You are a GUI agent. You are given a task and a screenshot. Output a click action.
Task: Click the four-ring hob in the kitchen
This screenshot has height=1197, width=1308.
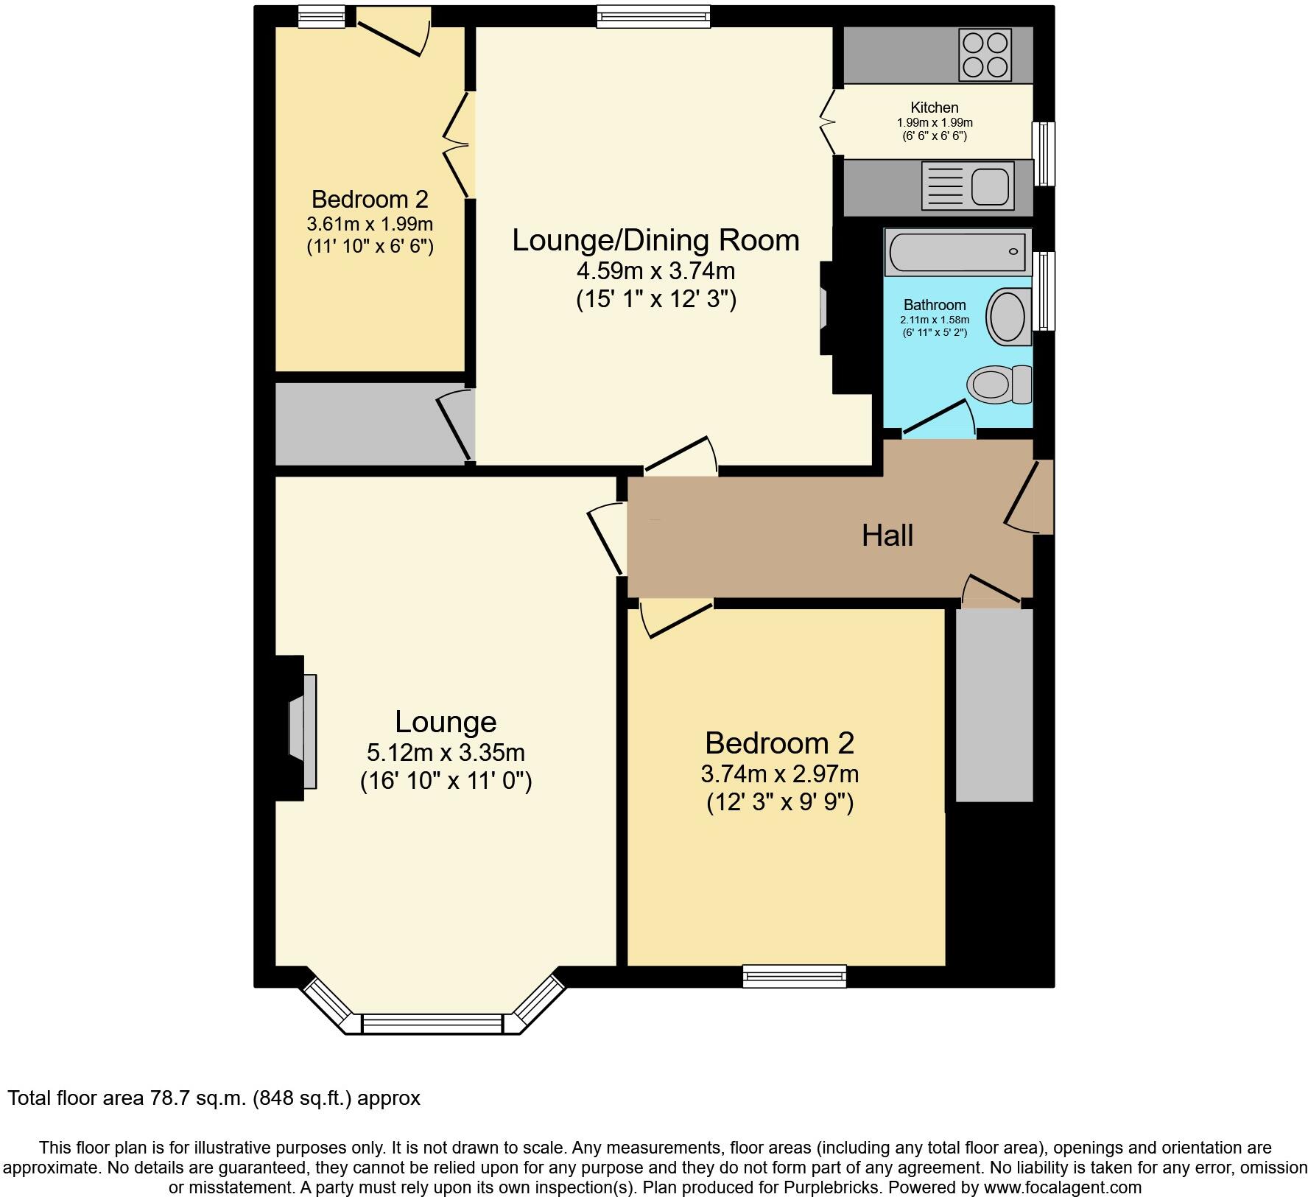coord(985,55)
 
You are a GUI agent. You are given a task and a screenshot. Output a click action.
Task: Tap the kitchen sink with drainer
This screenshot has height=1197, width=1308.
coord(967,184)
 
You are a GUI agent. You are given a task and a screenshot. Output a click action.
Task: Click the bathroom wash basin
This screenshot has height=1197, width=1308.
coord(1008,317)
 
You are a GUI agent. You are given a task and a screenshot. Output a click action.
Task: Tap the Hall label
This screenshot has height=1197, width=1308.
coord(887,536)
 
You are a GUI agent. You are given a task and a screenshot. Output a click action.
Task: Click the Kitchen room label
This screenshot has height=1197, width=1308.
coord(934,108)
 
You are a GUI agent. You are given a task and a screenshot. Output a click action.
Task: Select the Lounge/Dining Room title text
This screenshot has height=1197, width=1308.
coord(655,241)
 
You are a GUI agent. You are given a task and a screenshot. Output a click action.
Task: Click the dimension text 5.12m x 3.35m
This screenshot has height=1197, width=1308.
coord(446,753)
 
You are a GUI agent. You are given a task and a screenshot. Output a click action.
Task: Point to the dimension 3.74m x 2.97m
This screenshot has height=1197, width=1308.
coord(779,774)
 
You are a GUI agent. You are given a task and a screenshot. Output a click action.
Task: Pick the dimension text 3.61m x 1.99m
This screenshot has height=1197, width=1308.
coord(370,223)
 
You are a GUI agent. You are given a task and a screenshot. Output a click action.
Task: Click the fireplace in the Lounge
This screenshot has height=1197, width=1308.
coord(303,731)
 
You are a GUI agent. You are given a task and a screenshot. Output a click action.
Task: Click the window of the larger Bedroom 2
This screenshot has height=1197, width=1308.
coord(795,977)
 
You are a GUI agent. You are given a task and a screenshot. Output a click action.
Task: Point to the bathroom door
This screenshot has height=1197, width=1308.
coord(938,418)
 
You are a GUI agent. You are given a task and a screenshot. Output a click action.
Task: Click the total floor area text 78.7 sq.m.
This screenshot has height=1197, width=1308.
coord(214,1098)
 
